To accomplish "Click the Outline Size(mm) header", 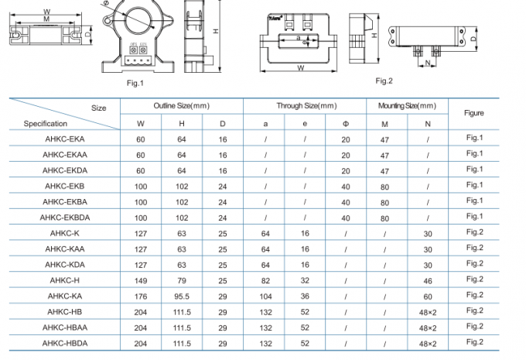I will point(181,105).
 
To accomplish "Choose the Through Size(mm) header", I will point(306,105).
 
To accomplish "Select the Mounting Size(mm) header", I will point(407,105).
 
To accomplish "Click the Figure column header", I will point(473,113).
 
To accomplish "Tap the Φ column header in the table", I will point(346,123).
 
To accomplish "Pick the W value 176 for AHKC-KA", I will point(141,295).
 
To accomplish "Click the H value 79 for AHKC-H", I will point(182,279).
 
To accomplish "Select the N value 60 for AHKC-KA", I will point(428,296).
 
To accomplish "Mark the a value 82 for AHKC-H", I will point(265,279).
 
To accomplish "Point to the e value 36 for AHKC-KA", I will point(305,295).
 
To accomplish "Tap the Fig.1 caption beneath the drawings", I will point(135,82).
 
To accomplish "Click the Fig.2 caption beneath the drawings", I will point(384,81).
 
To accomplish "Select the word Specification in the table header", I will point(45,123).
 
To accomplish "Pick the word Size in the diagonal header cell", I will point(98,108).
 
